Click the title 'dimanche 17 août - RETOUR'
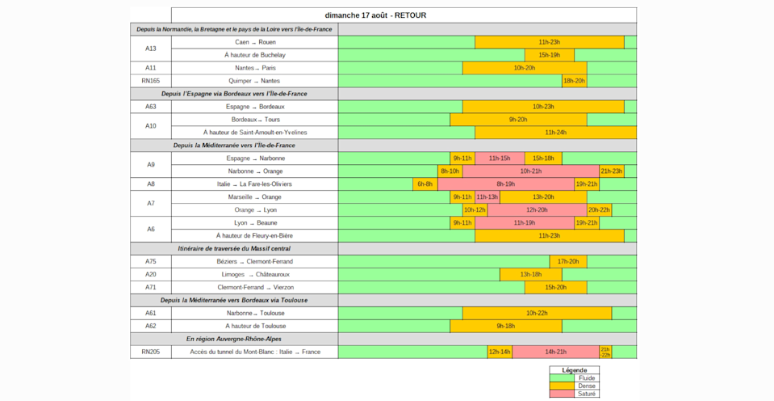[375, 15]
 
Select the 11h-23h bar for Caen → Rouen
[550, 42]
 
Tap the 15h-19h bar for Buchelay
[550, 55]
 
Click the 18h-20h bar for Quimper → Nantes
[574, 81]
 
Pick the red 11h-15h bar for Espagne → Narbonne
[500, 158]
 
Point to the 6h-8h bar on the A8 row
[425, 184]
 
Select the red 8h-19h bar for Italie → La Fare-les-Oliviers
[506, 184]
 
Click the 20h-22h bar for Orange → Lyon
[599, 209]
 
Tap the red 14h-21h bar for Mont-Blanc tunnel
[555, 352]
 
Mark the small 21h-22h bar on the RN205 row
[605, 352]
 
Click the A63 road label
[151, 106]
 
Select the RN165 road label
[151, 81]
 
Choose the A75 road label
[151, 261]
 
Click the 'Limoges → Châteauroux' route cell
[255, 274]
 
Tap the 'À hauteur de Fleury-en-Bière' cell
[255, 236]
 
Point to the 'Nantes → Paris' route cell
[255, 68]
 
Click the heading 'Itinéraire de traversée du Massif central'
[235, 249]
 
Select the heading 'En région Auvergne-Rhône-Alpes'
[235, 340]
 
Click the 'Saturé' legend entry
[575, 394]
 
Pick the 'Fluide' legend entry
[575, 378]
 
